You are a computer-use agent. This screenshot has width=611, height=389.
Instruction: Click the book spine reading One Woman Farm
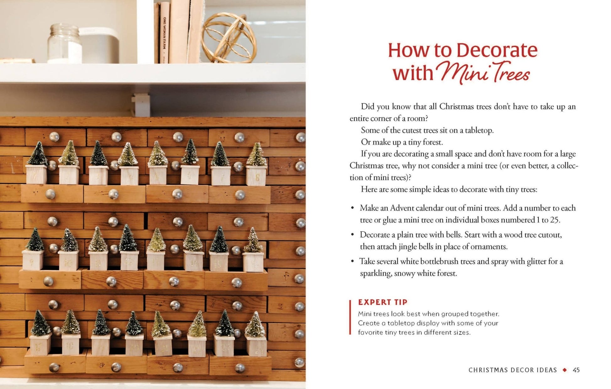[164, 33]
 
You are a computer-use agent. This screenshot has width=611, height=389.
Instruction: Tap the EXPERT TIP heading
[382, 302]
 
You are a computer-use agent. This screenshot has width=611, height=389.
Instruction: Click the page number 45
[576, 370]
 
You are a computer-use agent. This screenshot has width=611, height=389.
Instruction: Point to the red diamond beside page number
[565, 370]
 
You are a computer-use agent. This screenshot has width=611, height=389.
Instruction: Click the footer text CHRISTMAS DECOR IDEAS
[512, 370]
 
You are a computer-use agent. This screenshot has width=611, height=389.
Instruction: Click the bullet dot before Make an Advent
[353, 208]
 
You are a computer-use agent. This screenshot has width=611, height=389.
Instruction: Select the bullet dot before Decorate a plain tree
[353, 235]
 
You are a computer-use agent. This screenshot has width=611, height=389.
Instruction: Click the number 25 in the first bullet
[554, 220]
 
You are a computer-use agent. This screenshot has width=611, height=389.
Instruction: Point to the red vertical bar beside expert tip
[350, 317]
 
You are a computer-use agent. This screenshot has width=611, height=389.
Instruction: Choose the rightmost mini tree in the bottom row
[255, 325]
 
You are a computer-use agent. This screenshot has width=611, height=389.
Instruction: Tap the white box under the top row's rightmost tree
[256, 176]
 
